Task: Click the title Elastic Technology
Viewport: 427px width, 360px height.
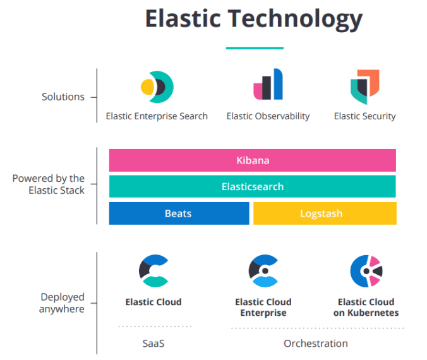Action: click(x=253, y=19)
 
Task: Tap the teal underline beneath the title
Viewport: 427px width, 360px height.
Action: click(x=254, y=48)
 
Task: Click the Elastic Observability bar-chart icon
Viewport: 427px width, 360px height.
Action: click(x=268, y=85)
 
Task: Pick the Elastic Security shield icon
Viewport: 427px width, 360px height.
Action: click(x=364, y=87)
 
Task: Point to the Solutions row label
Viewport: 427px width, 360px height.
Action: click(x=63, y=97)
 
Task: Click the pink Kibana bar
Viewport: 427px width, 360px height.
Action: click(x=252, y=160)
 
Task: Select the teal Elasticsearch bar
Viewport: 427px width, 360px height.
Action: click(x=252, y=187)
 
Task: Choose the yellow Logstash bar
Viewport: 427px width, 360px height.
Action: click(x=324, y=213)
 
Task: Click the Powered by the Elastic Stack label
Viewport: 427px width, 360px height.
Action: click(x=49, y=184)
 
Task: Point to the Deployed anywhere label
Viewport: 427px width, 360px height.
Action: click(x=62, y=303)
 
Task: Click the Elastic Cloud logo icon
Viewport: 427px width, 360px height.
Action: click(x=153, y=270)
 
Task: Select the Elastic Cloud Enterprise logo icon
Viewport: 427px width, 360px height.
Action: click(x=263, y=270)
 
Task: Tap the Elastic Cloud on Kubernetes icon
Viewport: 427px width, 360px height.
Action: click(x=366, y=270)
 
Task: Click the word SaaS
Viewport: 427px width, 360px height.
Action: click(x=153, y=344)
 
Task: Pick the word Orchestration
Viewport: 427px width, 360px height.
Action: click(x=315, y=344)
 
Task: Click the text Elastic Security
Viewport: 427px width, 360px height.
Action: click(x=364, y=116)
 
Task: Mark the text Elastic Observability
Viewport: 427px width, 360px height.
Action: click(x=268, y=116)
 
